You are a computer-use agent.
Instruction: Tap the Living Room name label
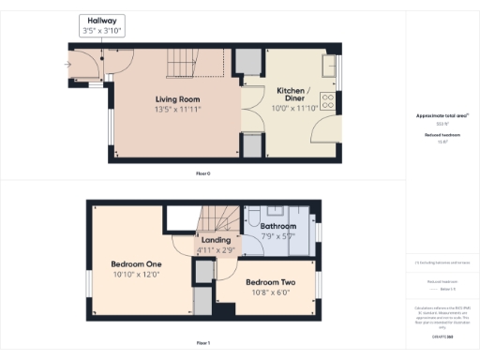pyautogui.click(x=177, y=98)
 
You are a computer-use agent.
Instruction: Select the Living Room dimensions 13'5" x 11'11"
pyautogui.click(x=177, y=109)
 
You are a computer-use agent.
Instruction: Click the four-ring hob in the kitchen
pyautogui.click(x=330, y=97)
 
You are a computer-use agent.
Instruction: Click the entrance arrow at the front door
pyautogui.click(x=68, y=65)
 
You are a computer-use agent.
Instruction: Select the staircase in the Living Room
pyautogui.click(x=197, y=64)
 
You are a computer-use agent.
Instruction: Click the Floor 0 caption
pyautogui.click(x=203, y=172)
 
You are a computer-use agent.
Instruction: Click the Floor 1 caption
pyautogui.click(x=203, y=343)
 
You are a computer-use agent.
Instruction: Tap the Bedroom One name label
pyautogui.click(x=136, y=263)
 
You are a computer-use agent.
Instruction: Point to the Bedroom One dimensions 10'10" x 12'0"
pyautogui.click(x=136, y=275)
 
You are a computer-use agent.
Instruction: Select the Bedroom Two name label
pyautogui.click(x=270, y=282)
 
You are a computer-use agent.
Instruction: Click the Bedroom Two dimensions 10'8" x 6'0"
pyautogui.click(x=270, y=292)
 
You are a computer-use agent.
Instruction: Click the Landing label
pyautogui.click(x=217, y=241)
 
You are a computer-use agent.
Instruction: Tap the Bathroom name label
pyautogui.click(x=278, y=227)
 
